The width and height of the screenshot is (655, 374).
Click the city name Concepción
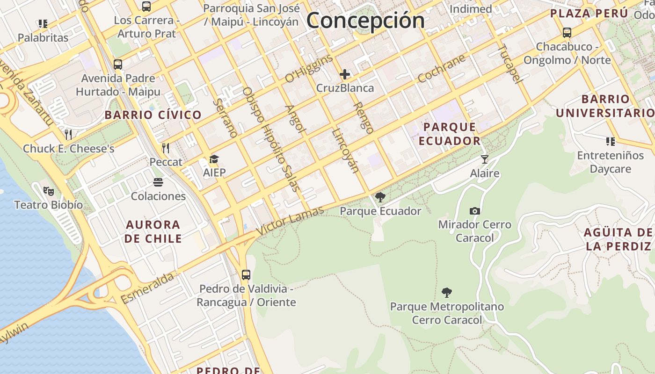[365, 20]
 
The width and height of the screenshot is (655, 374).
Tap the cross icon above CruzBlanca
[345, 74]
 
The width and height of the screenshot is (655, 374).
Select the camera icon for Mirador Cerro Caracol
[475, 211]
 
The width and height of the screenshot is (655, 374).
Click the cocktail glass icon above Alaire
[484, 159]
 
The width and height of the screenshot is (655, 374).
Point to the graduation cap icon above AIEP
[214, 159]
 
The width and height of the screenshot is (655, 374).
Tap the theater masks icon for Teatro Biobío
[48, 191]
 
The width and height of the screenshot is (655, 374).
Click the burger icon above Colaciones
[158, 182]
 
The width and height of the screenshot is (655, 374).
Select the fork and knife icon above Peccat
[165, 148]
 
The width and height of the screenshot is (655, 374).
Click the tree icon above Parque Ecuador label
[380, 197]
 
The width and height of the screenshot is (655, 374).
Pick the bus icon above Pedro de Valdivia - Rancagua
[246, 274]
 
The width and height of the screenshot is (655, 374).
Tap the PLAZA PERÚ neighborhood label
[589, 14]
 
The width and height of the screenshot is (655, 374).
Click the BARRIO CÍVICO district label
[153, 115]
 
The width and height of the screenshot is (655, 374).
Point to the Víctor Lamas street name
[290, 222]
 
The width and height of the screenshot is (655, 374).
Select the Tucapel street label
[509, 64]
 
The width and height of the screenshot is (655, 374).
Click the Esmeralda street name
[147, 288]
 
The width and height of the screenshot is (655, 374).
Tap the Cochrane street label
[442, 68]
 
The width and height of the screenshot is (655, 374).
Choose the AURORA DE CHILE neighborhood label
[153, 231]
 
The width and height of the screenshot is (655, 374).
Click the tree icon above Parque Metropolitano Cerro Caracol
[447, 293]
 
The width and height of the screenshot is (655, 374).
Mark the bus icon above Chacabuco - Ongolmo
[567, 33]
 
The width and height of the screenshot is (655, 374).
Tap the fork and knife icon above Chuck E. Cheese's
[68, 135]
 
